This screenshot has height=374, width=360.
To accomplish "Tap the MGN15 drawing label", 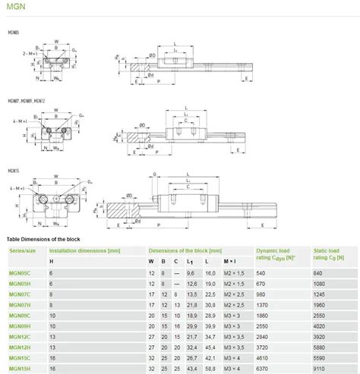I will click(13, 171).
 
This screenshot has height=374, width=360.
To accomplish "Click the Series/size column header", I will click(22, 250).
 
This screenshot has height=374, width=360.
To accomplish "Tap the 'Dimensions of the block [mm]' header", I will click(185, 250).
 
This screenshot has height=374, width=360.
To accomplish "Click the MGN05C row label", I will click(18, 272).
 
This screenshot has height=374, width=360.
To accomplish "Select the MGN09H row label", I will click(18, 325).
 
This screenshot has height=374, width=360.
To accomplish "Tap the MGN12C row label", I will click(18, 336).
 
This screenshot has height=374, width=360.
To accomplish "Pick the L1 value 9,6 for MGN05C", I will click(191, 272).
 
